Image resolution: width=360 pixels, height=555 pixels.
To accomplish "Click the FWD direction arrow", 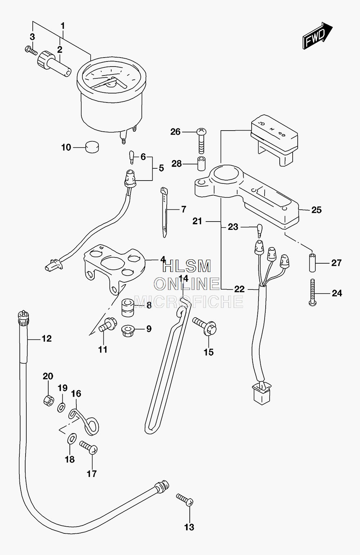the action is point(318,36).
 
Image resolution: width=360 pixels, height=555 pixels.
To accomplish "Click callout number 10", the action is point(66,147).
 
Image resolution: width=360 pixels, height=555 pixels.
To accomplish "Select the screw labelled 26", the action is point(202,141).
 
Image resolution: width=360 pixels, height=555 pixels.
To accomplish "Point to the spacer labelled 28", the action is point(201,164).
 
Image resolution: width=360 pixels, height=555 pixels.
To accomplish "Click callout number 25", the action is point(316,210).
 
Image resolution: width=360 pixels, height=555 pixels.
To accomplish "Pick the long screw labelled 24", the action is point(312,292).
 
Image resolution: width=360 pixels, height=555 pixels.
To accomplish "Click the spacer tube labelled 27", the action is point(312,263).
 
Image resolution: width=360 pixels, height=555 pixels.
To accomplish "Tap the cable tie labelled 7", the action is point(164,212).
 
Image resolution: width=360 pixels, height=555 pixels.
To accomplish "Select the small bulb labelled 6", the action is point(131,157).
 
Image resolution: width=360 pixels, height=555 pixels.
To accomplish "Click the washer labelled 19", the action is point(61,407).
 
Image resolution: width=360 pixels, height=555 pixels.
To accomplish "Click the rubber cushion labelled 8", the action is point(128,308).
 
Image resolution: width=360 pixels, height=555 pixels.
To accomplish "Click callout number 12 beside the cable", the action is point(46,338).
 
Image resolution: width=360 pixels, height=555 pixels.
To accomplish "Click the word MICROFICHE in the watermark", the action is point(189,301).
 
